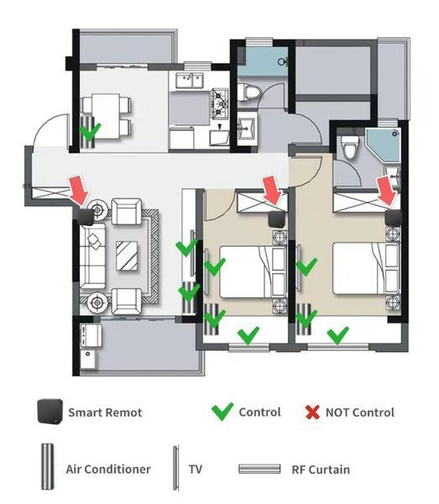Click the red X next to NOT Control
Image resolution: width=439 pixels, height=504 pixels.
click(312, 412)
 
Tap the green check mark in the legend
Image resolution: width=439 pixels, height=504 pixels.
click(222, 411)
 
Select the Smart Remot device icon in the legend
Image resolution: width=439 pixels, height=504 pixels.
click(50, 411)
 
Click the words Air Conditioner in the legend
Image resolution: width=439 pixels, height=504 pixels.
click(108, 469)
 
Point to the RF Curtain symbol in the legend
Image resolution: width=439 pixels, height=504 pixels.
click(259, 469)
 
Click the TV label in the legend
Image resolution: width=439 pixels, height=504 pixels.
click(196, 469)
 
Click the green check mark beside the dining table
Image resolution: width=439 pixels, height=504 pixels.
click(91, 132)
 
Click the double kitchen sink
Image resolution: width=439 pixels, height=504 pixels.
click(190, 81)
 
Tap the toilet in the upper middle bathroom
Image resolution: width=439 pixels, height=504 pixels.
click(249, 92)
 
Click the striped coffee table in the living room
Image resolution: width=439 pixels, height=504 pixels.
click(127, 255)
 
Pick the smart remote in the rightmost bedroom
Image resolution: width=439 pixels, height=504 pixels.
click(394, 218)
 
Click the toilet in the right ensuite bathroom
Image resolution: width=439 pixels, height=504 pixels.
click(350, 147)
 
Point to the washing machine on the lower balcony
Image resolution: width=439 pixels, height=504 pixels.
click(91, 336)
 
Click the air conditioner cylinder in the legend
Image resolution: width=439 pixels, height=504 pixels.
click(48, 466)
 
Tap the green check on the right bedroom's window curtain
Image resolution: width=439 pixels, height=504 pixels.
click(337, 335)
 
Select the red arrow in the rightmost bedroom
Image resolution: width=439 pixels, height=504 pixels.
click(388, 192)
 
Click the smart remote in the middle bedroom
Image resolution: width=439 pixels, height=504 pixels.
click(277, 219)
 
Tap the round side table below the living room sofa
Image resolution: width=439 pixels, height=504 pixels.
click(97, 302)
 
